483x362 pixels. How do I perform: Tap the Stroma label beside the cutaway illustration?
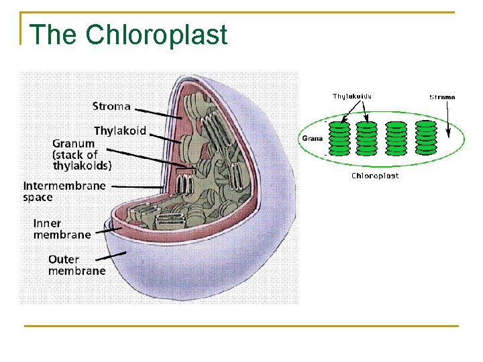point(111,106)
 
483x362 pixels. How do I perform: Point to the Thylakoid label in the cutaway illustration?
point(119,130)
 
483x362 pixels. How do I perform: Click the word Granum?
point(74,143)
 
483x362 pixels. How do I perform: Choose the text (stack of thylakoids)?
point(82,160)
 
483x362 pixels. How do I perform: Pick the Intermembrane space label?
point(64,191)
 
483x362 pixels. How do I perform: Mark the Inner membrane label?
point(62,229)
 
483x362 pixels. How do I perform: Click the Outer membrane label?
point(76,265)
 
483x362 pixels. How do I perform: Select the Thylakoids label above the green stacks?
point(352,96)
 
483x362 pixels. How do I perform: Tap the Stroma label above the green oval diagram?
point(442,97)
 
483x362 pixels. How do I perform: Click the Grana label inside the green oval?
point(313,139)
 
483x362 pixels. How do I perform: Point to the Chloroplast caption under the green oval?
point(375,176)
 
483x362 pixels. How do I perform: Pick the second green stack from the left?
point(368,137)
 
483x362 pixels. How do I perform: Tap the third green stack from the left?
point(397,137)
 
